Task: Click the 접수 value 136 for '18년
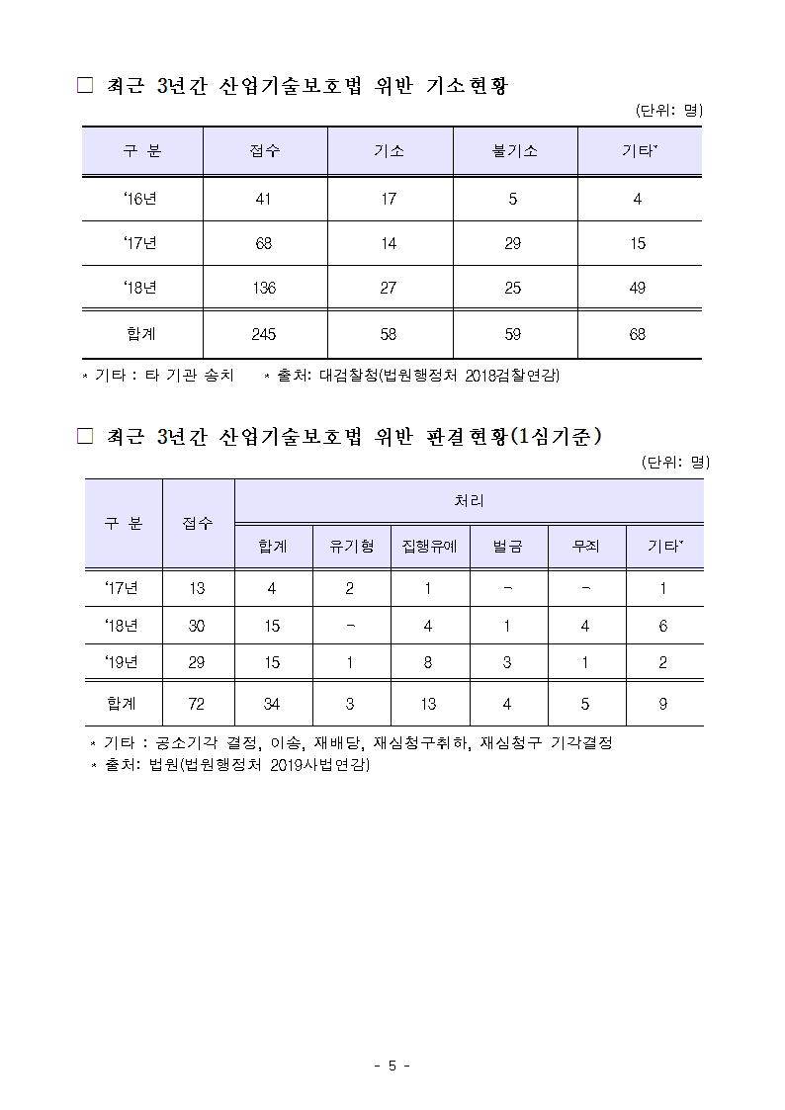pyautogui.click(x=264, y=288)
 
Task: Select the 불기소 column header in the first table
pyautogui.click(x=513, y=151)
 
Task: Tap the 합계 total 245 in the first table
pyautogui.click(x=264, y=334)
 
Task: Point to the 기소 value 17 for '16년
pyautogui.click(x=389, y=199)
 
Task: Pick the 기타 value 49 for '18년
pyautogui.click(x=637, y=288)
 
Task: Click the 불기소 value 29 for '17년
pyautogui.click(x=513, y=243)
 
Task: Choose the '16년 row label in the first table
pyautogui.click(x=140, y=199)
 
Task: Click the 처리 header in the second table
pyautogui.click(x=469, y=501)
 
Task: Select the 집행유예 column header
pyautogui.click(x=429, y=546)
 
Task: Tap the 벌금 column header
pyautogui.click(x=507, y=546)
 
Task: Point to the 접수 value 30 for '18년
pyautogui.click(x=197, y=626)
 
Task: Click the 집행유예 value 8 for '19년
pyautogui.click(x=428, y=663)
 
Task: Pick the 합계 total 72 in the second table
pyautogui.click(x=197, y=704)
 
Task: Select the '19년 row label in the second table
pyautogui.click(x=122, y=663)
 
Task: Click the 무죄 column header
pyautogui.click(x=585, y=546)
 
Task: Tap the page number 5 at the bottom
pyautogui.click(x=392, y=1066)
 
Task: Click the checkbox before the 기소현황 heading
pyautogui.click(x=85, y=87)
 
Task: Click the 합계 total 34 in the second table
pyautogui.click(x=272, y=704)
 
